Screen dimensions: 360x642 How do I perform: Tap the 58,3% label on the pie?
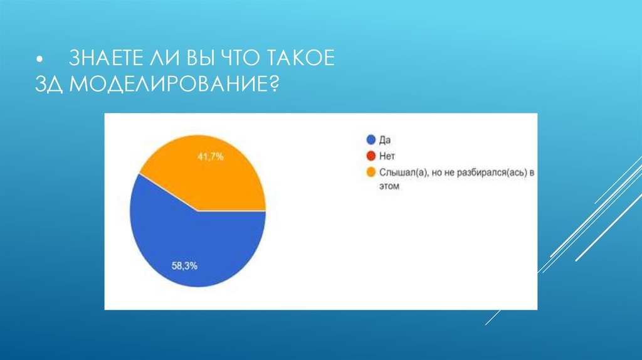[x=185, y=265]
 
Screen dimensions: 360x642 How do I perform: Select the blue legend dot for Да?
[x=371, y=139]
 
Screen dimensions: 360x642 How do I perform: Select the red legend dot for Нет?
[x=371, y=155]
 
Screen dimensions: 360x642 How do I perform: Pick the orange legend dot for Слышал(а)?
[x=371, y=171]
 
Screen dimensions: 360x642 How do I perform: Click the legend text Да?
[x=385, y=139]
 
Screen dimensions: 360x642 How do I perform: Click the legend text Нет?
[x=387, y=155]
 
